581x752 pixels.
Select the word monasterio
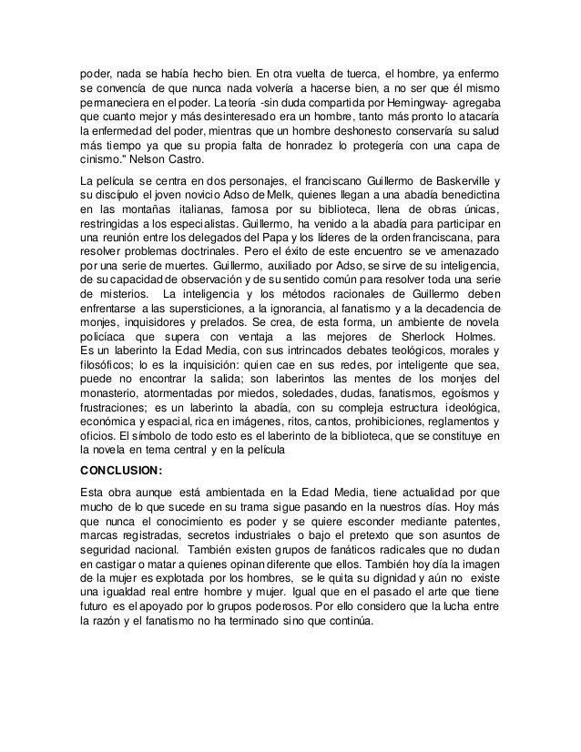pyautogui.click(x=116, y=401)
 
